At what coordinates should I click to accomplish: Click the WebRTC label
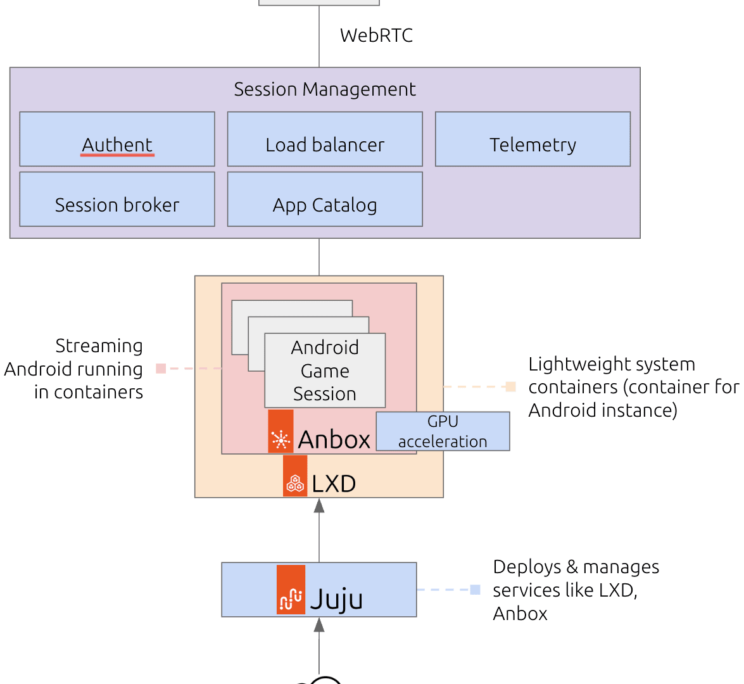coord(376,35)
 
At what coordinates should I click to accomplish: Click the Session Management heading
coord(325,89)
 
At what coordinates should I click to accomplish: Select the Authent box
coord(117,139)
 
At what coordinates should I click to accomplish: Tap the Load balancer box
coord(325,139)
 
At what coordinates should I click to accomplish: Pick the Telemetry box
coord(533,139)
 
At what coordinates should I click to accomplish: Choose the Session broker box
coord(117,199)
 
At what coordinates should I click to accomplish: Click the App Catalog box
coord(325,199)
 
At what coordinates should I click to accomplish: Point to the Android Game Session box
coord(325,370)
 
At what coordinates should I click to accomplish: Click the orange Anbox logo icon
coord(281,431)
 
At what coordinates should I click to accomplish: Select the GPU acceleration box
coord(443,431)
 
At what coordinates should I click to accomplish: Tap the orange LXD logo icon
coord(295,476)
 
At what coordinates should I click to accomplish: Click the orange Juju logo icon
coord(291,590)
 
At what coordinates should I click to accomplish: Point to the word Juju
coord(336,599)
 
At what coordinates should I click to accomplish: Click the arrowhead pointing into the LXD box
coord(319,505)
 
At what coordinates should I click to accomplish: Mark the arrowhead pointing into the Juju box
coord(319,624)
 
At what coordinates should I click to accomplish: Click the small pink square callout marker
coord(161,368)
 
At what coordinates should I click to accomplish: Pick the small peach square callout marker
coord(510,386)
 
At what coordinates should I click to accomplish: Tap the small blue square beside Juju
coord(476,590)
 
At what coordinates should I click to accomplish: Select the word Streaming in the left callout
coord(99,346)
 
